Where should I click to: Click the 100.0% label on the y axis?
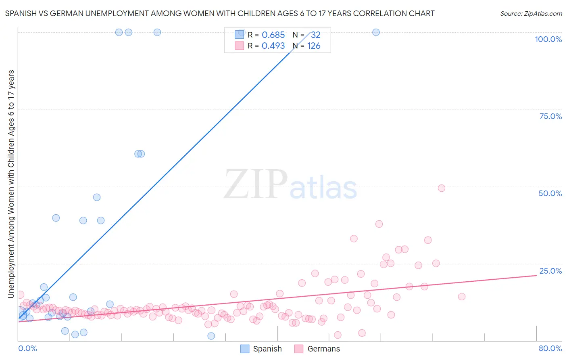(548, 39)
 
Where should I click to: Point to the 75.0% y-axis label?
(550, 116)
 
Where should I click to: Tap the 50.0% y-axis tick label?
(550, 193)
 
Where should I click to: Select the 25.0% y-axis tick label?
(550, 270)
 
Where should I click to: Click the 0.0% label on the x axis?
(27, 348)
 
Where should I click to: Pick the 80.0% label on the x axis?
(550, 348)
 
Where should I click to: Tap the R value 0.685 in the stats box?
(273, 35)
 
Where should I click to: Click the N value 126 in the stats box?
(314, 46)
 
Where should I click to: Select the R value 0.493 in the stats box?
(273, 46)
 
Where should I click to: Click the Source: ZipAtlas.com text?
(531, 13)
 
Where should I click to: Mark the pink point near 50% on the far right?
(441, 188)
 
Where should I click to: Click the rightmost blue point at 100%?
(376, 32)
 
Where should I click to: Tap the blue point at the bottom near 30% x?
(211, 336)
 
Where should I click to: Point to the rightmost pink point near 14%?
(462, 297)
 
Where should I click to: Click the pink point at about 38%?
(379, 224)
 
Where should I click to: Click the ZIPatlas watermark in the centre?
(290, 185)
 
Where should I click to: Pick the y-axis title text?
(11, 184)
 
